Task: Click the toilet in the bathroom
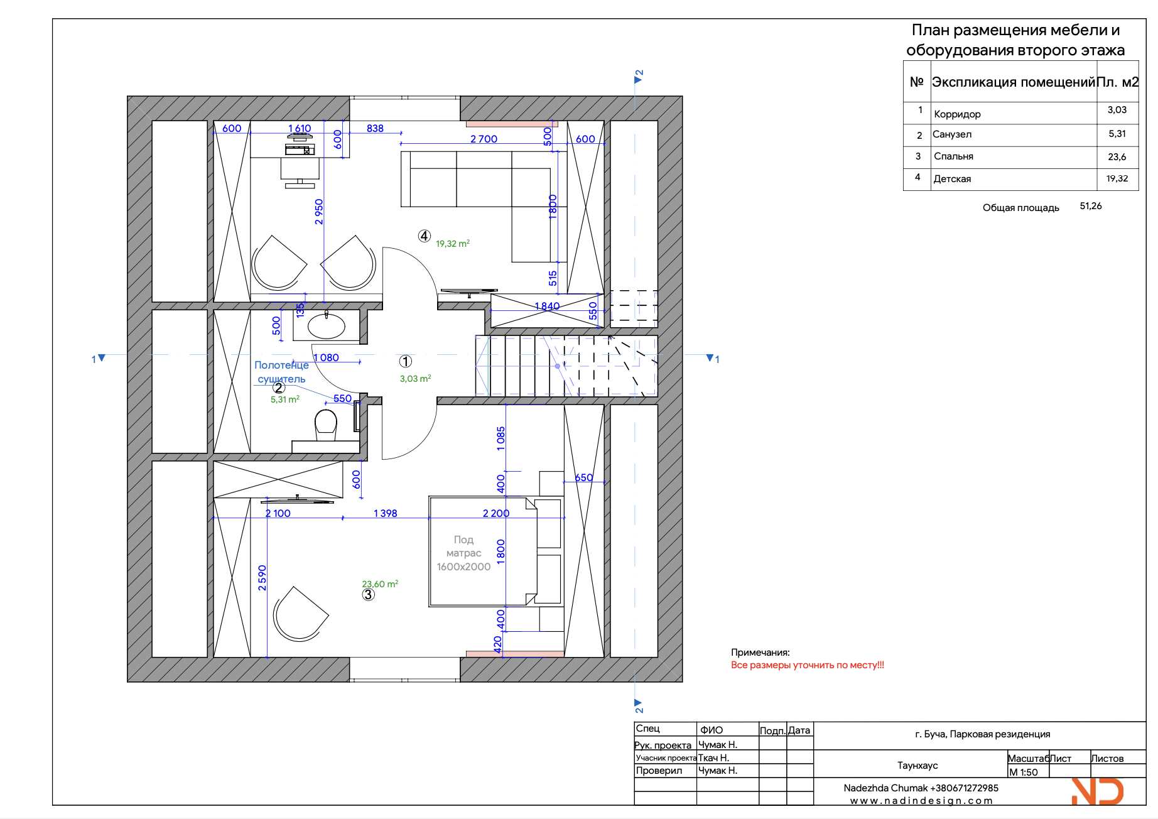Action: [x=326, y=425]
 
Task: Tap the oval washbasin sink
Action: [x=326, y=325]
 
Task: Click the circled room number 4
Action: [x=425, y=236]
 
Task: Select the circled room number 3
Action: [x=368, y=594]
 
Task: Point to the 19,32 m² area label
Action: [x=453, y=244]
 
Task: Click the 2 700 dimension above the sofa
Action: [x=484, y=139]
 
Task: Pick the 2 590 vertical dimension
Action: [x=262, y=578]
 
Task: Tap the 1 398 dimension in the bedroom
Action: [x=385, y=513]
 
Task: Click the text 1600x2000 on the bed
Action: [x=463, y=567]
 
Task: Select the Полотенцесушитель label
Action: [x=281, y=372]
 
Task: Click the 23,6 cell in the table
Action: [x=1117, y=157]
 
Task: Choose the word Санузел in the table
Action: [x=952, y=134]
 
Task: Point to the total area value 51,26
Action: [x=1091, y=206]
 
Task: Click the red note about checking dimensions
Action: [x=807, y=665]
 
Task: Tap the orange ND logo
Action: [x=1098, y=791]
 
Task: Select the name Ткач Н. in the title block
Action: [x=713, y=758]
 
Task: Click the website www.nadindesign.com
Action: [x=921, y=801]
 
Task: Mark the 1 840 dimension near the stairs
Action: [x=547, y=306]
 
